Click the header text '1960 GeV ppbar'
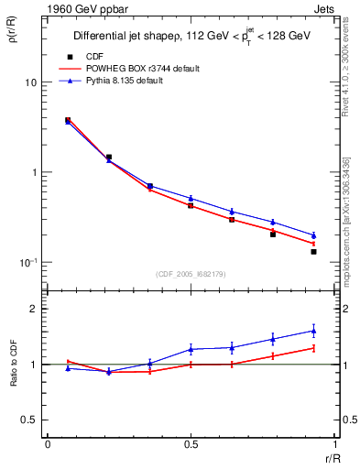pos(80,9)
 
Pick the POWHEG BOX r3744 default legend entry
pos(147,69)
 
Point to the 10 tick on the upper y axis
pos(30,82)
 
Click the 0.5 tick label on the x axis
pos(191,443)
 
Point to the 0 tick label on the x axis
pos(48,443)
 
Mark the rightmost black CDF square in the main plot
pos(313,251)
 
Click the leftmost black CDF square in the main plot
pos(68,120)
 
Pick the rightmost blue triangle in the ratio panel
pos(313,331)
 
